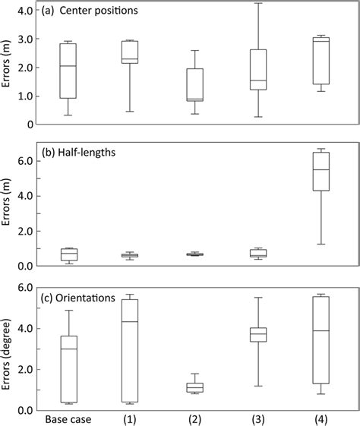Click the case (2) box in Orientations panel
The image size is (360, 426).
click(194, 387)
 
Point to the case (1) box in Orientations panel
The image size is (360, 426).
click(130, 350)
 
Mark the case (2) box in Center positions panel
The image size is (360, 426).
click(194, 85)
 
